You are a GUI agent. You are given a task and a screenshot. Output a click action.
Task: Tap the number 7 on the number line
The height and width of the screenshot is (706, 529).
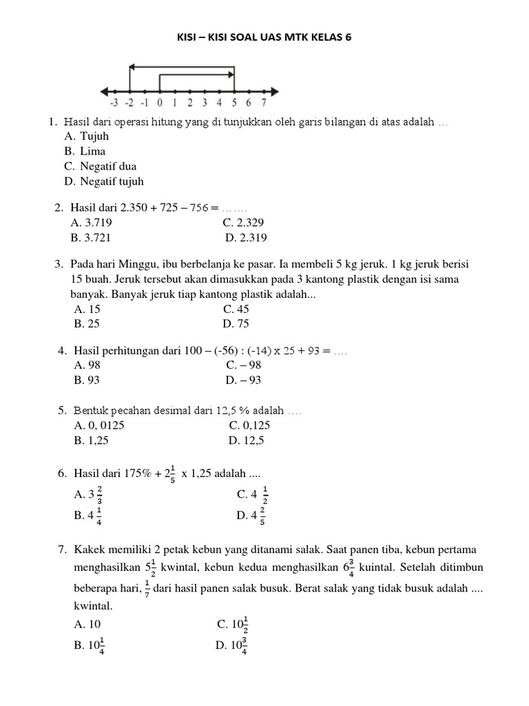tap(264, 104)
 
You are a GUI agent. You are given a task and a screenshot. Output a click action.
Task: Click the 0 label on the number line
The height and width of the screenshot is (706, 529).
tap(159, 104)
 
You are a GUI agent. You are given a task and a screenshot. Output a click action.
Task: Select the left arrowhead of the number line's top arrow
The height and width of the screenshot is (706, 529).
tap(134, 67)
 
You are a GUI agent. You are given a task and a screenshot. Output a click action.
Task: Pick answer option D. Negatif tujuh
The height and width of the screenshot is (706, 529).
tap(104, 181)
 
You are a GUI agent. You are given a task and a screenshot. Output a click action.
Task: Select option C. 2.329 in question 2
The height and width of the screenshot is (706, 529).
tap(243, 223)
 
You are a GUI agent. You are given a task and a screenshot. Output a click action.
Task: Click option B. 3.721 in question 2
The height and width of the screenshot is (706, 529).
tap(91, 238)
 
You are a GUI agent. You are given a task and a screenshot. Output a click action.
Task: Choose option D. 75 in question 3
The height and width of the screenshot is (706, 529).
tap(236, 323)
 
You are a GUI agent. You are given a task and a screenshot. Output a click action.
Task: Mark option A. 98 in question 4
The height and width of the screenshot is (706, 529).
tap(88, 365)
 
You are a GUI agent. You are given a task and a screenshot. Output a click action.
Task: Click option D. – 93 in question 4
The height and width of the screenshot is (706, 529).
tap(243, 380)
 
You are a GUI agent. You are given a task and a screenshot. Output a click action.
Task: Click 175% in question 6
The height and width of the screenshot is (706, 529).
tap(138, 474)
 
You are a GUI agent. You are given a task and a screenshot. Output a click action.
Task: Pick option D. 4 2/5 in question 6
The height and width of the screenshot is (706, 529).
tap(250, 514)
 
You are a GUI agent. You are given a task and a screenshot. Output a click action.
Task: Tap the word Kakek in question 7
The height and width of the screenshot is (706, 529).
tap(88, 549)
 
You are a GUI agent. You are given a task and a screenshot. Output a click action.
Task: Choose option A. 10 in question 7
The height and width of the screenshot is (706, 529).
tap(87, 624)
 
